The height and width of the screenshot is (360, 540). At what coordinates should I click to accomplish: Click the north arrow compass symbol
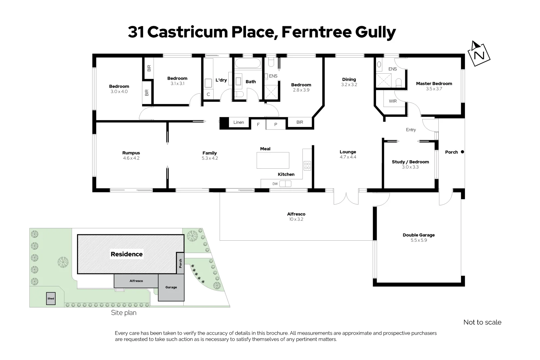click(x=480, y=53)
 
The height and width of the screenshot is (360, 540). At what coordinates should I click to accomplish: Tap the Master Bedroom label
click(x=434, y=84)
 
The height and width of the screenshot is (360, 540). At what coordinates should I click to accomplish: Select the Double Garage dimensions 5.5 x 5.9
click(x=419, y=240)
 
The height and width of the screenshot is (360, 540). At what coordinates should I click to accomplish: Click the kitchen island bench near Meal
click(x=273, y=160)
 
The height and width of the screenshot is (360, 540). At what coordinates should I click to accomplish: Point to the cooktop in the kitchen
click(x=307, y=166)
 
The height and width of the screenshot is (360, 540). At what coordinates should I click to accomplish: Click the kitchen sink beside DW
click(x=285, y=184)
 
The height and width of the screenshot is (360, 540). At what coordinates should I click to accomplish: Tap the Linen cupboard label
click(x=239, y=122)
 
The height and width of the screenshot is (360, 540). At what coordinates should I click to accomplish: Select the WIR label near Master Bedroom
click(x=393, y=101)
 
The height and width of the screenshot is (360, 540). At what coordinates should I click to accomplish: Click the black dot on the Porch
click(x=462, y=152)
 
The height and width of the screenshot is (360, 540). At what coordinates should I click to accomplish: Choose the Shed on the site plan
click(x=51, y=299)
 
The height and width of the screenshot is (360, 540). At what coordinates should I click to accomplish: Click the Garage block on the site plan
click(x=171, y=287)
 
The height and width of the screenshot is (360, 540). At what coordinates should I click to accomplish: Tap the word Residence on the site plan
click(x=127, y=254)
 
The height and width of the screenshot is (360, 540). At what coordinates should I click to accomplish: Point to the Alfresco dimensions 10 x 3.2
click(x=296, y=219)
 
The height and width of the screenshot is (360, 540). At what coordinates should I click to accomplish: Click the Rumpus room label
click(x=131, y=153)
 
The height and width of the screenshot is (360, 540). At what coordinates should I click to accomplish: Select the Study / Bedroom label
click(x=410, y=162)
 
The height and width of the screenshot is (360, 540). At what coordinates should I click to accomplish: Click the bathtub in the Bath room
click(x=248, y=63)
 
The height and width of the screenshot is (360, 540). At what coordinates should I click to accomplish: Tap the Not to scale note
click(x=482, y=322)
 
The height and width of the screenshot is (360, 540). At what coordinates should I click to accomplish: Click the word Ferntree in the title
click(x=317, y=32)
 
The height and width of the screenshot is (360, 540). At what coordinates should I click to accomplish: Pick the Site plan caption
click(x=124, y=313)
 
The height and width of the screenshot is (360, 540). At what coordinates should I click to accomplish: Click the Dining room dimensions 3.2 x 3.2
click(x=349, y=85)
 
